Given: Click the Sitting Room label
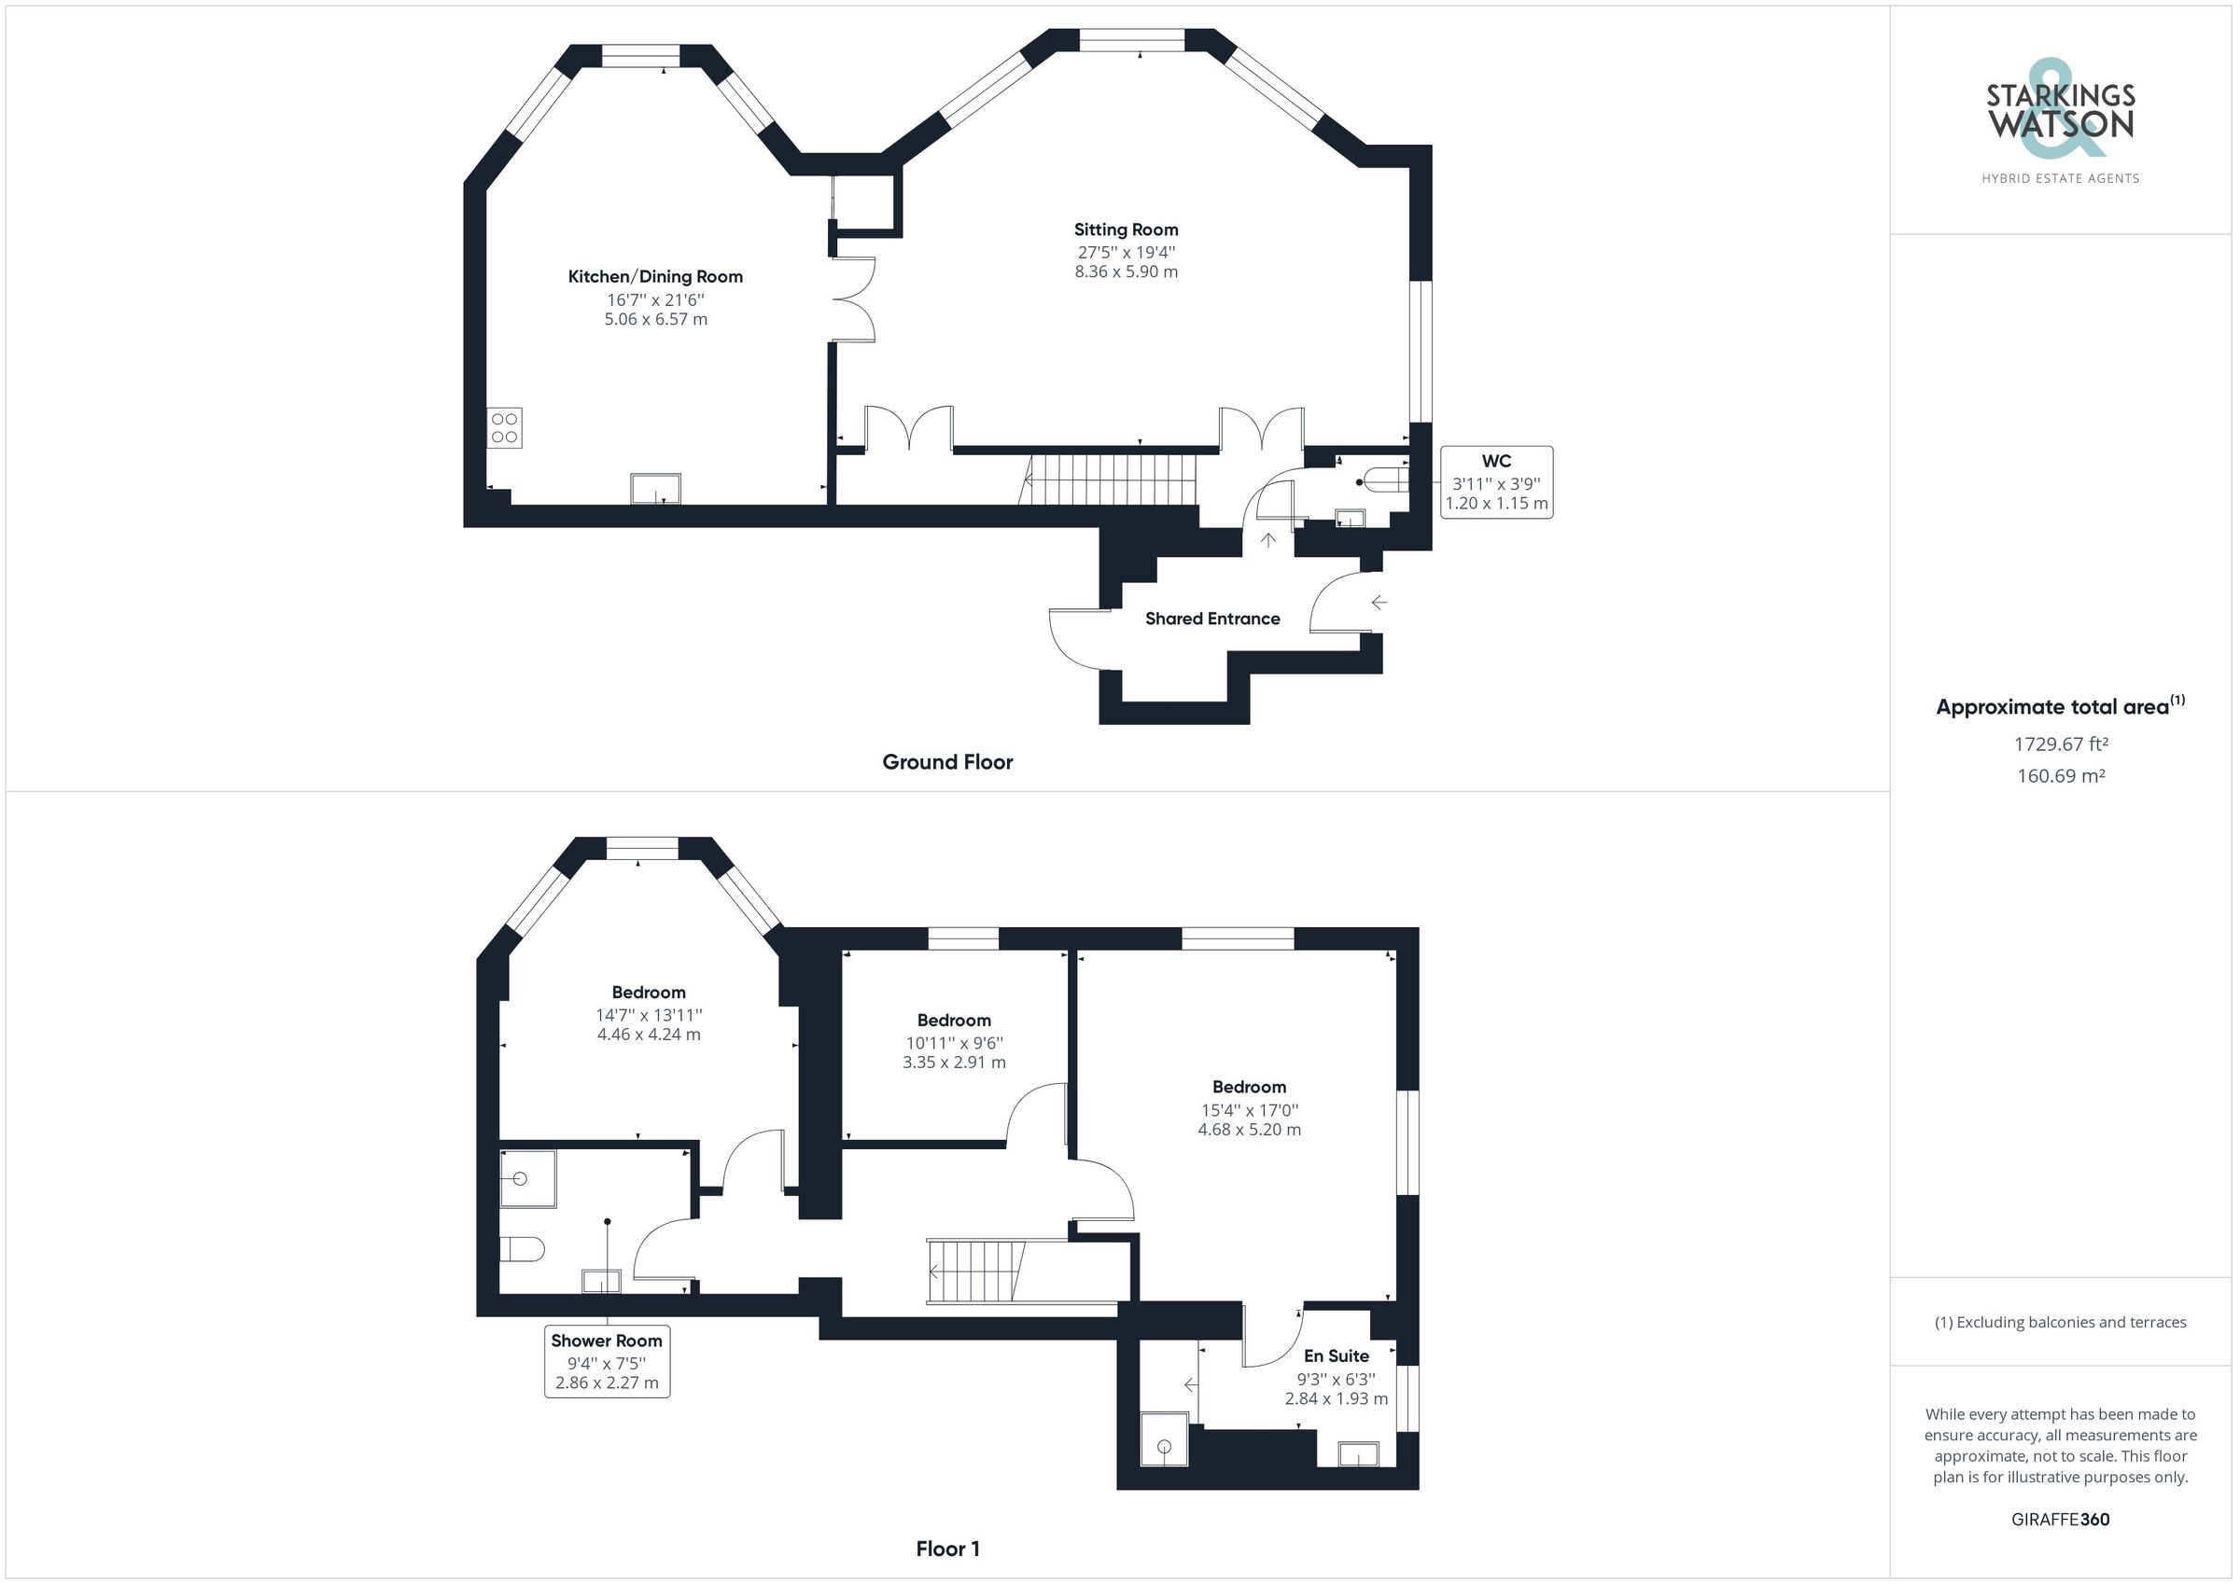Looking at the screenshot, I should click(x=1126, y=230).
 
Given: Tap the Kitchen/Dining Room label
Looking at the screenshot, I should click(x=655, y=277).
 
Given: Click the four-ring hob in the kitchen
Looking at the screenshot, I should click(x=505, y=428).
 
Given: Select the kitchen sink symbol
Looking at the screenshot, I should click(x=655, y=489).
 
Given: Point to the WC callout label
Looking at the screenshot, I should click(x=1495, y=482).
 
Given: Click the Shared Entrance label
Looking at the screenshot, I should click(x=1211, y=618).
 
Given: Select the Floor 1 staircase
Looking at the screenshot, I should click(x=976, y=1271).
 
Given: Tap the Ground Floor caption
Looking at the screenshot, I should click(x=947, y=762).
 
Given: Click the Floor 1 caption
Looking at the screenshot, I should click(x=947, y=1548).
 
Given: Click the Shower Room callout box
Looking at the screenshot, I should click(x=607, y=1362).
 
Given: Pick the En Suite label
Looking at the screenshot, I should click(x=1336, y=1355).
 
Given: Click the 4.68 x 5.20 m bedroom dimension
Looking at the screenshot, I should click(x=1249, y=1130).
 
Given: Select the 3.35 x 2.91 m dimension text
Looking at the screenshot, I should click(x=953, y=1063).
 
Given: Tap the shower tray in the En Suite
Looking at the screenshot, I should click(x=1165, y=1439).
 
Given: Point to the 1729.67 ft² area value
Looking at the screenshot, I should click(x=2061, y=744).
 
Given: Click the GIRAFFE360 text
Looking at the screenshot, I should click(x=2060, y=1520).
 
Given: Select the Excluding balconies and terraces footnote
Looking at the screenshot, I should click(x=2060, y=1323).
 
